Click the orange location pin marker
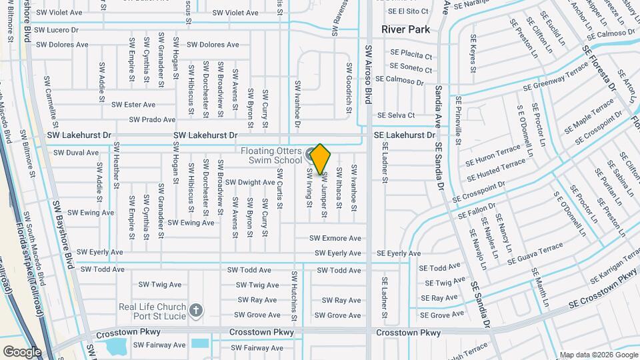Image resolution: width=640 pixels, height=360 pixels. click(x=320, y=159)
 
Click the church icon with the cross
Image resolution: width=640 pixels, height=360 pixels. click(x=195, y=310)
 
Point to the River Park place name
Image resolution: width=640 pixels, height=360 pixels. click(x=405, y=29)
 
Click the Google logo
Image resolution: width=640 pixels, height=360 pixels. click(x=22, y=351)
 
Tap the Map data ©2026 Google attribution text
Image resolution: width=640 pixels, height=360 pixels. click(x=597, y=355)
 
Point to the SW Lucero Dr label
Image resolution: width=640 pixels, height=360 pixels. click(x=57, y=30)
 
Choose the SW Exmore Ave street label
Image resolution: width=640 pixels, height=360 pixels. click(x=335, y=238)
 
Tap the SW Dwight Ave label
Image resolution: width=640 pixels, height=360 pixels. click(x=250, y=182)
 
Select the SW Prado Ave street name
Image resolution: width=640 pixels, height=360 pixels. click(x=153, y=120)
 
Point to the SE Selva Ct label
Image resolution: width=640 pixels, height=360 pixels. click(x=396, y=115)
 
